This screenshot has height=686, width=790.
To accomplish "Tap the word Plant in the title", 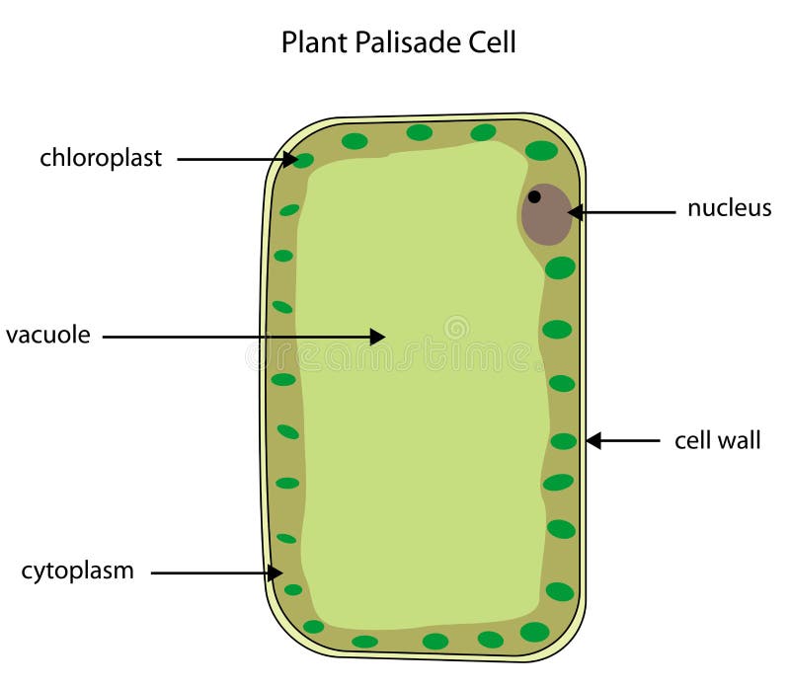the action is coord(314,42).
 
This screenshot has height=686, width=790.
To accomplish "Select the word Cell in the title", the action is coord(492,42).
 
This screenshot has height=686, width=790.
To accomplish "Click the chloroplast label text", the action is coord(101,158).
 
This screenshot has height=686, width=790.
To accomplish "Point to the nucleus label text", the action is coord(729,208).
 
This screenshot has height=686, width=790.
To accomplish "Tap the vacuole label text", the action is coord(47,335).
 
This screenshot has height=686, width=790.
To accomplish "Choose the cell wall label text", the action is coord(718,440).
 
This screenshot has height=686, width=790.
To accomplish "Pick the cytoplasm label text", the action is coord(78,572).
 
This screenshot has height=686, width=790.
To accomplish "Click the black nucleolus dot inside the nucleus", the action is coord(534,196).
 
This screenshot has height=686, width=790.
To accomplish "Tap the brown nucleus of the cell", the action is coord(546,214).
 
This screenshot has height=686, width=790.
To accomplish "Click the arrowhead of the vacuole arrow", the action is coord(377,337).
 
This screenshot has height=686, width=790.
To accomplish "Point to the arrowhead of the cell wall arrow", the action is coord(594,440).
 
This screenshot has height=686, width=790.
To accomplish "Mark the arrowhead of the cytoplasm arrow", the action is coord(276,572).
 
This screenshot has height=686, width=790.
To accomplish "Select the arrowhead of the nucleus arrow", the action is coord(576,212).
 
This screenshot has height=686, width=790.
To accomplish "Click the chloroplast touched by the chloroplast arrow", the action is coord(303,161).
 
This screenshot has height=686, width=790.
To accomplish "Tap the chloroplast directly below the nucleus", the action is coord(560,267).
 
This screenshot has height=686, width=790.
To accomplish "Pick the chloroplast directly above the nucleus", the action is coord(541,150).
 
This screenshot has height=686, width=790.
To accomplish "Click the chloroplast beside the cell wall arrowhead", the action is coord(563,441).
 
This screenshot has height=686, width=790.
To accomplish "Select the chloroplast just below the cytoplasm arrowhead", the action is coord(293,590).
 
